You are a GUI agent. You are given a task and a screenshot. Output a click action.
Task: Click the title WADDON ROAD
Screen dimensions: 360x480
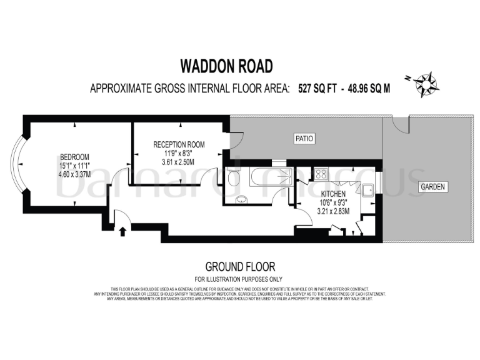226,66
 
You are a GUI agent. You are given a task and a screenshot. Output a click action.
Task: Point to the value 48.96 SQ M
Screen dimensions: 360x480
369,88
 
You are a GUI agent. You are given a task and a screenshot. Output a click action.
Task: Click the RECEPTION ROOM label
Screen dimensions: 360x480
179,144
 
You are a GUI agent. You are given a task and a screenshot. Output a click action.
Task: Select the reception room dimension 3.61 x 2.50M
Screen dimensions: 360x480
179,162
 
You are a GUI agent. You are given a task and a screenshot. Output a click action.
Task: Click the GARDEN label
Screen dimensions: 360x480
431,187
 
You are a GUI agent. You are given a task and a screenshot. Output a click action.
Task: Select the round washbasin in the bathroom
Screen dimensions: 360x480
242,200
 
